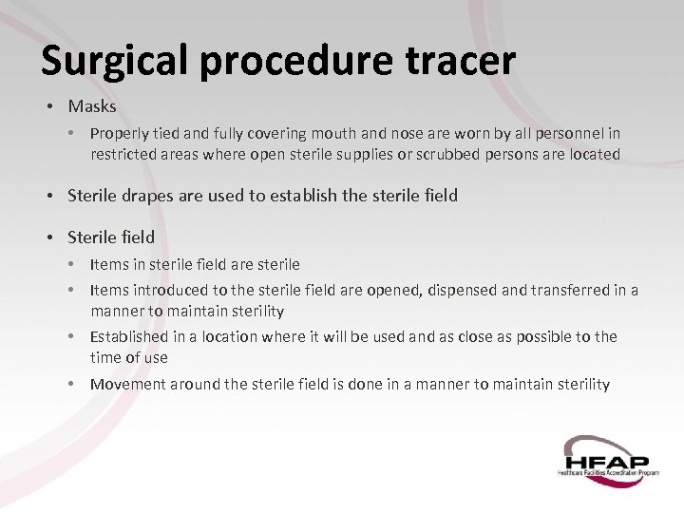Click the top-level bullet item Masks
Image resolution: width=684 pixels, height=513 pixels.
pos(91,106)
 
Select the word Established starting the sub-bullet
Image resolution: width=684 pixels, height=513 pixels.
pos(129,337)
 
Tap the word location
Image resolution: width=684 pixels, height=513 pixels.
pos(230,337)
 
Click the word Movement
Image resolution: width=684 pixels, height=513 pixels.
pos(126,384)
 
